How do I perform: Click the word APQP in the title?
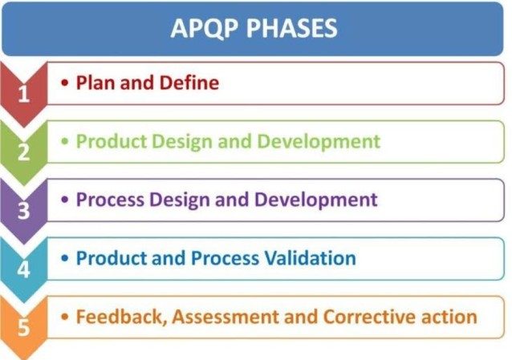coord(204,29)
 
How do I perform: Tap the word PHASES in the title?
coord(291,28)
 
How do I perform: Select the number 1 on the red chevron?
coord(23,95)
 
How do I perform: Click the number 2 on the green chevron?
coord(23,152)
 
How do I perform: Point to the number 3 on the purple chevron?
coord(23,211)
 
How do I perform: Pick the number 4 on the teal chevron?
coord(23,269)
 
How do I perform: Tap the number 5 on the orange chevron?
coord(23,327)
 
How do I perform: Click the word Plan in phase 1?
coord(95,83)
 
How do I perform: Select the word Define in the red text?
coord(189,83)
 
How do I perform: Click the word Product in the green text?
coord(112,141)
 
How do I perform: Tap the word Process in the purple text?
coord(110,200)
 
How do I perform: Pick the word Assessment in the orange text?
coord(226,317)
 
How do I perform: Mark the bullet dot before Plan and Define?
coord(65,83)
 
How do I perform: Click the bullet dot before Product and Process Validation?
coord(65,258)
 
